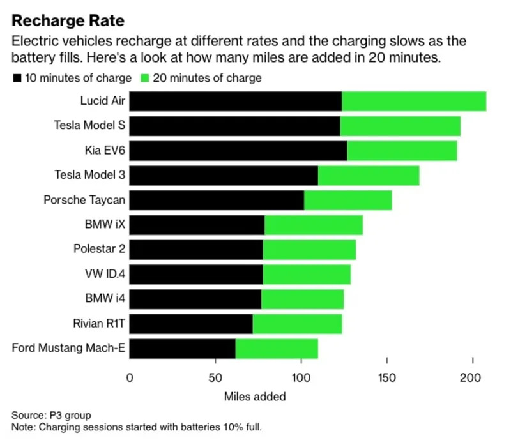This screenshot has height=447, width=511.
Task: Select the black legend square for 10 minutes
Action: click(x=16, y=79)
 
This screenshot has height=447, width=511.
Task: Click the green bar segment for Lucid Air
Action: click(x=414, y=102)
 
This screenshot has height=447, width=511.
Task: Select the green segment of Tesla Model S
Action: click(x=400, y=126)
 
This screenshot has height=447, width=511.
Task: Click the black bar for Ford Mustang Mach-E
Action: click(x=183, y=349)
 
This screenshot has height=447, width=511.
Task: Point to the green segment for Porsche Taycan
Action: click(x=347, y=201)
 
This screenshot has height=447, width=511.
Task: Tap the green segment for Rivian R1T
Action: click(x=297, y=324)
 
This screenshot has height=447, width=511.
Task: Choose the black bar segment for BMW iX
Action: click(x=197, y=225)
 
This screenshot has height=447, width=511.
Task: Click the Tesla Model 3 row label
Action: click(x=89, y=176)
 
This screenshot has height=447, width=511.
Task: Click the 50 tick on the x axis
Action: click(x=215, y=377)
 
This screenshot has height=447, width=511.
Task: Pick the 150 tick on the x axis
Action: click(x=387, y=377)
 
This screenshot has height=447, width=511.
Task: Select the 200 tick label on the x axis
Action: click(x=473, y=377)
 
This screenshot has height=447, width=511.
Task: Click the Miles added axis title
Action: click(x=255, y=397)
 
